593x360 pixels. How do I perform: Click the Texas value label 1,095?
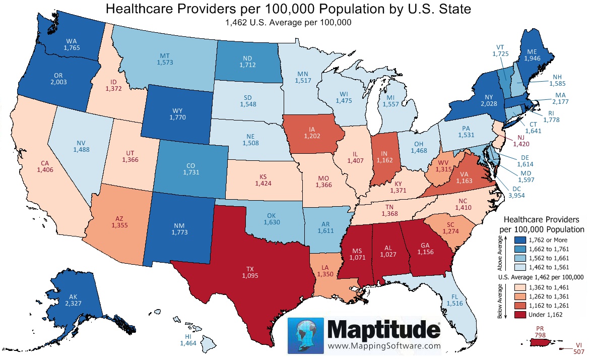click(250, 276)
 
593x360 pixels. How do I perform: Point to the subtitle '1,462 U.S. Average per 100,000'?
click(288, 22)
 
